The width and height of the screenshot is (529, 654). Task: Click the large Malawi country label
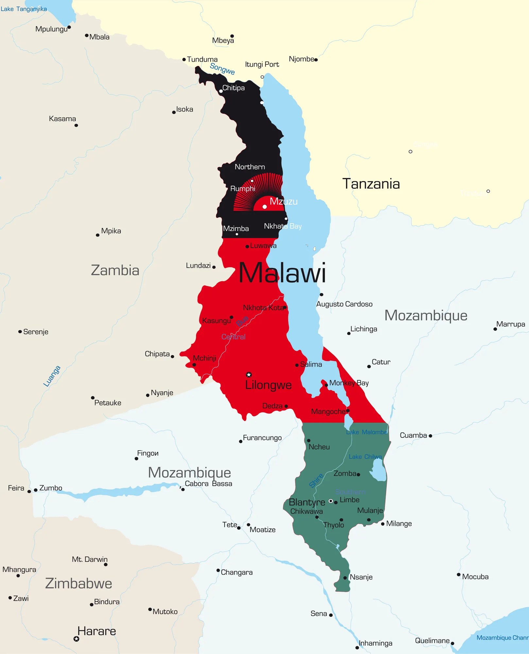tap(282, 273)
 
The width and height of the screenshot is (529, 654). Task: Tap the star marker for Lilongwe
tap(249, 374)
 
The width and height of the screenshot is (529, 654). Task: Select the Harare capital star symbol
tap(76, 639)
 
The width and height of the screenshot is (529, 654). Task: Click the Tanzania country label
tap(371, 184)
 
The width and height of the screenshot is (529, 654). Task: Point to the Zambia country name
tap(115, 270)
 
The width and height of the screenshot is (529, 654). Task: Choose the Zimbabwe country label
tap(78, 583)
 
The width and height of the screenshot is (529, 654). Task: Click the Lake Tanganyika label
tap(24, 9)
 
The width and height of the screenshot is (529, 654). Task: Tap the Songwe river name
tap(222, 69)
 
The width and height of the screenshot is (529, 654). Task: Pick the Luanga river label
tap(52, 376)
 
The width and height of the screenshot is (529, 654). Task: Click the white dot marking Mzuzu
tap(264, 207)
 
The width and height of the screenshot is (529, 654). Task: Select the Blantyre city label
tap(307, 502)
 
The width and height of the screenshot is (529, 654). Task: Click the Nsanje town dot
tap(345, 578)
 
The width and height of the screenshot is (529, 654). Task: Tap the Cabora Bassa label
tap(208, 484)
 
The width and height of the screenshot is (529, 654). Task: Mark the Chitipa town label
tap(233, 88)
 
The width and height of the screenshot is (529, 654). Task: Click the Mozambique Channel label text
tap(502, 638)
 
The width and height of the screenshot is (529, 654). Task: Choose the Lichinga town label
tap(364, 329)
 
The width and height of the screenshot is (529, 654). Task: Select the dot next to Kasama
tap(76, 125)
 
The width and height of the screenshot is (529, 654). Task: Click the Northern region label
tap(250, 167)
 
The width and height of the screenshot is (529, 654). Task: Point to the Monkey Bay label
tap(349, 383)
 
